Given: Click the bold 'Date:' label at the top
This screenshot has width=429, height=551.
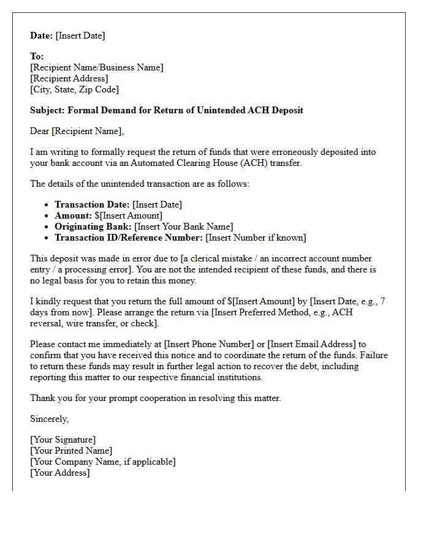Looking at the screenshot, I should point(42,36).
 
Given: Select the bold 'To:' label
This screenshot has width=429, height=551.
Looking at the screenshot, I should point(37,56).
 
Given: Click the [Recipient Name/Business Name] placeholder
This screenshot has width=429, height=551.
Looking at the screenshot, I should point(97,67).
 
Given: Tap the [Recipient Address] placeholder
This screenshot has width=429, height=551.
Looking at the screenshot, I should point(69,78).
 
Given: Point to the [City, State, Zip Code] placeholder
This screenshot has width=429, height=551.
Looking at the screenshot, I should point(74,89).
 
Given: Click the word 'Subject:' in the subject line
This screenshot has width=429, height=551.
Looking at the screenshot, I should point(48,110).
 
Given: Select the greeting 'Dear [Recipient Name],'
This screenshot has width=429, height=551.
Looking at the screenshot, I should point(77,131).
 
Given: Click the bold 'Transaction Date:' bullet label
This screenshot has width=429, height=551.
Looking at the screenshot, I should point(92,204).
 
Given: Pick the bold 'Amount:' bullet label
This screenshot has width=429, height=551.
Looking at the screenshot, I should point(73,216).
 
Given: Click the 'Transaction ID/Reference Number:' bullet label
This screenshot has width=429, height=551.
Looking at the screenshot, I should point(129,238).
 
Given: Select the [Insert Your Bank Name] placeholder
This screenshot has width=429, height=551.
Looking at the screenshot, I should point(184,227).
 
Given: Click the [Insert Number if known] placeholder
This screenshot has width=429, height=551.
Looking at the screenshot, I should point(256,238).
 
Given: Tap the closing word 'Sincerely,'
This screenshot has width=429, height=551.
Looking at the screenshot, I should point(50,419).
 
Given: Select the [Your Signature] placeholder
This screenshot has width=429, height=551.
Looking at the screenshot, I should point(63,440).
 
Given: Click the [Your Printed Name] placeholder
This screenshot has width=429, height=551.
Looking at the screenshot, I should point(71,451).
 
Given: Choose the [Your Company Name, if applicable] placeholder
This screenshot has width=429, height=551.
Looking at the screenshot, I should point(102,462).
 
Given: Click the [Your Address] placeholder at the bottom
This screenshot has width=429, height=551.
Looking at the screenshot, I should point(59,473).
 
